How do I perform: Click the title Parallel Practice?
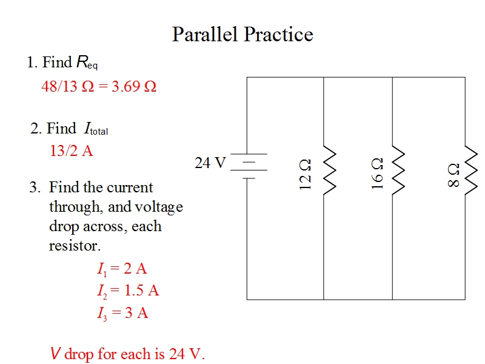pos(242,34)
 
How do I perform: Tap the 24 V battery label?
pos(210,163)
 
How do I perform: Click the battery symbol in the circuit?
pos(249,166)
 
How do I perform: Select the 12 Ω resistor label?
pos(305,175)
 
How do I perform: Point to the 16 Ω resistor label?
pos(377,174)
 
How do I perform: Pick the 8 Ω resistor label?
pos(453,175)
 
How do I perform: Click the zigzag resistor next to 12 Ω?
pos(330,170)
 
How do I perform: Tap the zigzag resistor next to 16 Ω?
pos(398,170)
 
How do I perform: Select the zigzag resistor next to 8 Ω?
pos(471,170)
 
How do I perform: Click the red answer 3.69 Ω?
pos(134,86)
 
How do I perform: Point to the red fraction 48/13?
pos(59,86)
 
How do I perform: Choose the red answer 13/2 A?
pos(72,150)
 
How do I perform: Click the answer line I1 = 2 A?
pos(122,269)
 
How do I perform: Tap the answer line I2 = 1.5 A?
pos(128,291)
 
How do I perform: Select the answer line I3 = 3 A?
pos(123,313)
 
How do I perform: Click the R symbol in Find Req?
pos(82,62)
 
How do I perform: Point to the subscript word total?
pos(99,132)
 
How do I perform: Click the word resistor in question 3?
pos(75,246)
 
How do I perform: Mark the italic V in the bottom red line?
pos(55,353)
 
